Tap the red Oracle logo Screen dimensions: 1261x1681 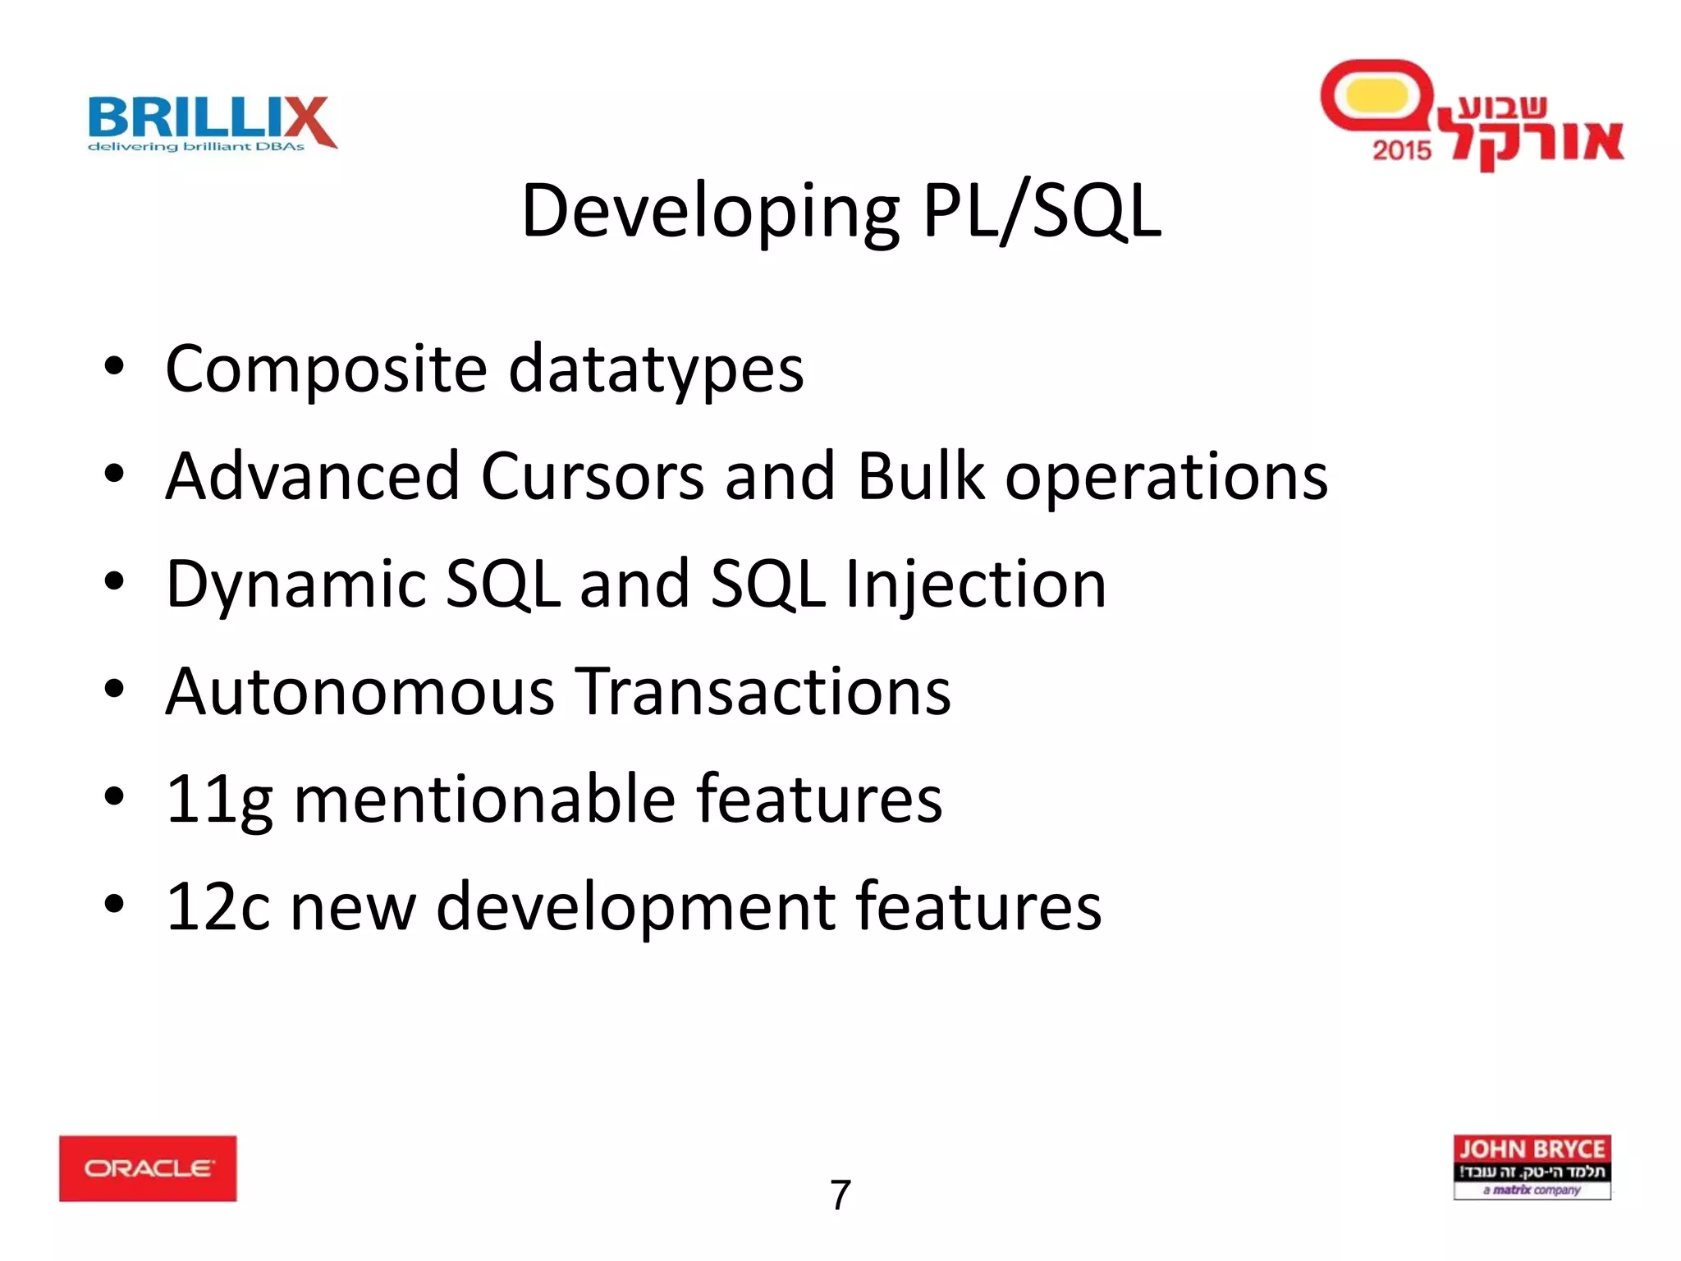(148, 1168)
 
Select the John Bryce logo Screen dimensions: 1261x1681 (1532, 1167)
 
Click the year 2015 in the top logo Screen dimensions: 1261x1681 (1401, 150)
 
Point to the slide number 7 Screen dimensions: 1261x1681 (840, 1195)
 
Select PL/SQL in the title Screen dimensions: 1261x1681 (1042, 212)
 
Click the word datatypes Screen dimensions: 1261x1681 (656, 369)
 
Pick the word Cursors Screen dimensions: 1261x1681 (592, 476)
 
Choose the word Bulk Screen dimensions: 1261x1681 (920, 476)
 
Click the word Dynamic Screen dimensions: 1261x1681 (296, 584)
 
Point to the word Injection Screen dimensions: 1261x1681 (976, 584)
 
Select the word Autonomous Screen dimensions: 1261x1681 (360, 691)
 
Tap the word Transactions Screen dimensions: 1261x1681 (763, 691)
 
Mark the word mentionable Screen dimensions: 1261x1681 (484, 799)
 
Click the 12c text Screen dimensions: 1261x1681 (218, 906)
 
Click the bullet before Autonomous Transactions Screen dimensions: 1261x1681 (114, 690)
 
